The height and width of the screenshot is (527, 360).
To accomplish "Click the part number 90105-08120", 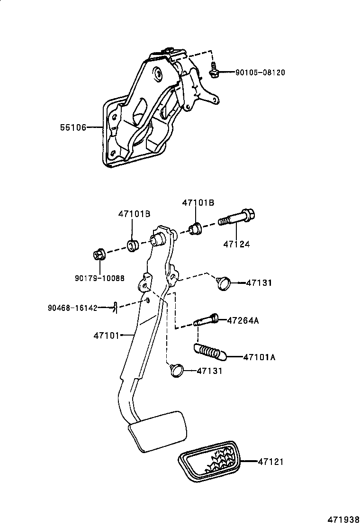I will (260, 73).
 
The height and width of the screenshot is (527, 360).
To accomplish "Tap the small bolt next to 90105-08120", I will (214, 71).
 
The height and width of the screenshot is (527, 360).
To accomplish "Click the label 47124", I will (236, 244).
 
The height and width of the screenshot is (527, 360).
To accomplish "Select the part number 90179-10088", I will (99, 278).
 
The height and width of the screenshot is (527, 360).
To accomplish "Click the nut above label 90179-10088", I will (99, 255).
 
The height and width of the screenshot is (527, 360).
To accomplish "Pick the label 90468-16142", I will (72, 308).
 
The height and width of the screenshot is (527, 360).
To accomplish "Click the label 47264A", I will (243, 320).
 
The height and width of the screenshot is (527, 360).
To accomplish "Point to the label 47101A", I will (259, 357).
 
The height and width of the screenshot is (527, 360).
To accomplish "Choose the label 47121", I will (270, 461).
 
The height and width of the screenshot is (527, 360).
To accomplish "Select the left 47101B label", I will (134, 214).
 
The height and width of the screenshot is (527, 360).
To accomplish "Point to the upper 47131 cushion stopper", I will (223, 283).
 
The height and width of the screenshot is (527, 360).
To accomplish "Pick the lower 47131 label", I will (209, 371).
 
